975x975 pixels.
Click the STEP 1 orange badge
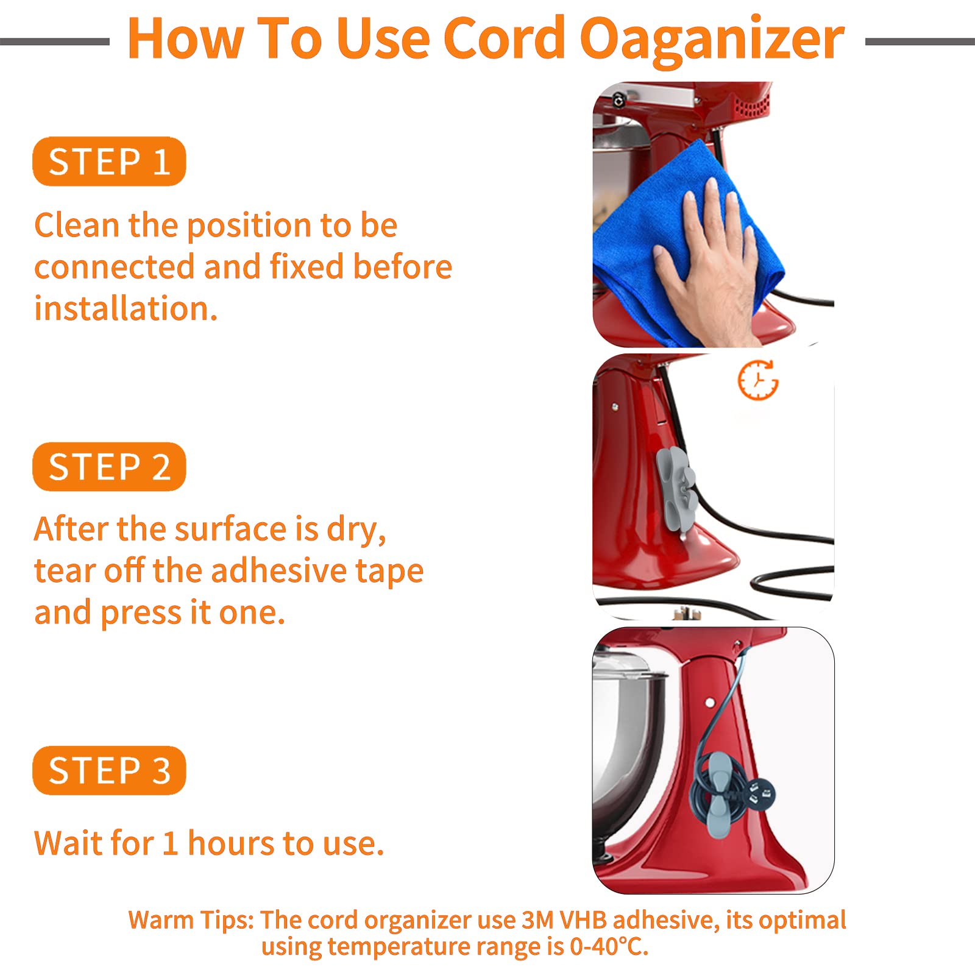click(109, 161)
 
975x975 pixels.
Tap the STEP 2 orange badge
click(109, 467)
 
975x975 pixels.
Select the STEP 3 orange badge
click(109, 770)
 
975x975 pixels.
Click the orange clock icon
click(758, 380)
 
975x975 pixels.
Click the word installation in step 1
click(126, 308)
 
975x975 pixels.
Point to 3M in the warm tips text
click(537, 920)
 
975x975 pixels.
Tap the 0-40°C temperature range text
click(609, 946)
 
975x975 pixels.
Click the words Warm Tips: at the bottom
click(191, 920)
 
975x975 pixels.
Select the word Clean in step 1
click(77, 225)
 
